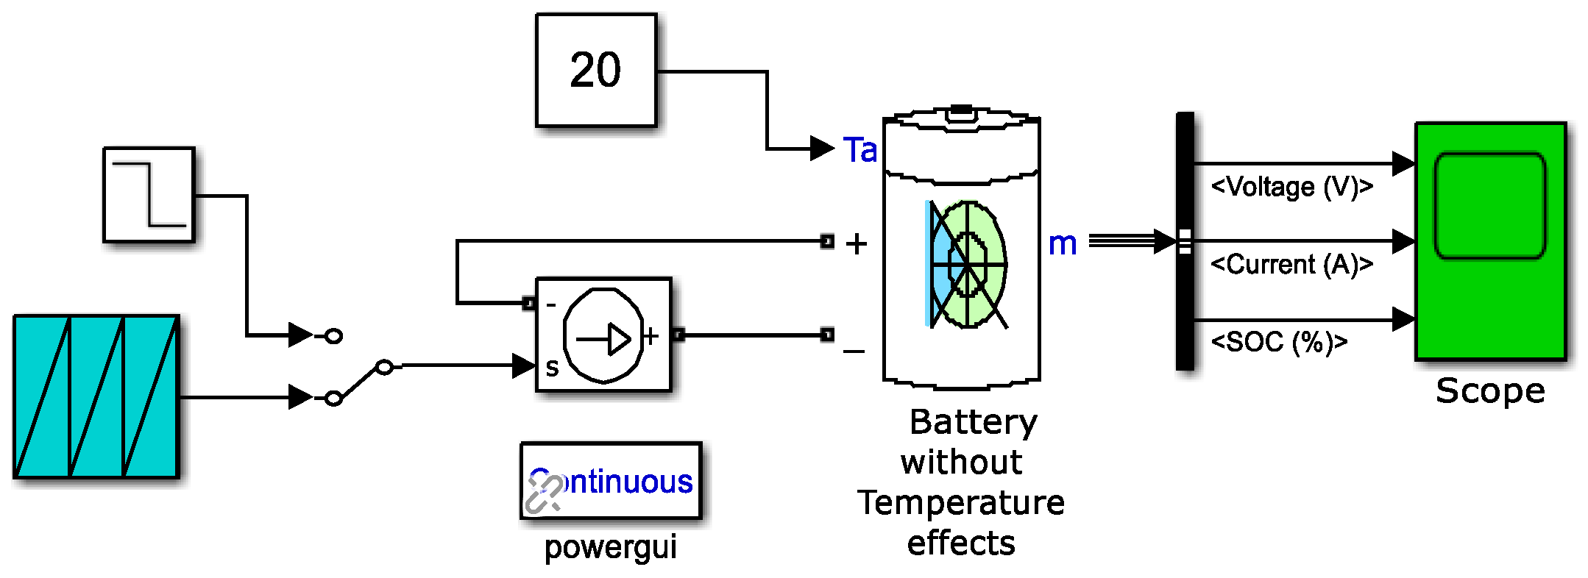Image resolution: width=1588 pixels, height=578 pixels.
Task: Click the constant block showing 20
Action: point(595,71)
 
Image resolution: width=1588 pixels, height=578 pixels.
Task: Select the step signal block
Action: point(149,195)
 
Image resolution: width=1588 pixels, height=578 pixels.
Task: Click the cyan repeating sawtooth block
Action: point(96,397)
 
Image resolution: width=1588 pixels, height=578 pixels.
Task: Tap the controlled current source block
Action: point(603,335)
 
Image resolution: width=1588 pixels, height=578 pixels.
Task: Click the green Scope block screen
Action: point(1490,206)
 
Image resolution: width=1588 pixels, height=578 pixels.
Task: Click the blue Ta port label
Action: point(859,150)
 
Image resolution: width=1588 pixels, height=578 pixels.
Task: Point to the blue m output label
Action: point(1062,243)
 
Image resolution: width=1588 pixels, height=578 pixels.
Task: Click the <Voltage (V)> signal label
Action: point(1291,187)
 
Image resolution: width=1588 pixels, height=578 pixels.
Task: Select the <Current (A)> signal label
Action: point(1291,264)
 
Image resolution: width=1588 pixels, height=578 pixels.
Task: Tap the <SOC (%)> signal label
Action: point(1279,342)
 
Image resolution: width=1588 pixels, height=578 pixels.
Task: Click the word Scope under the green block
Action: point(1490,390)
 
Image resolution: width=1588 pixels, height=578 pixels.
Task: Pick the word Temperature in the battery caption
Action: point(961,503)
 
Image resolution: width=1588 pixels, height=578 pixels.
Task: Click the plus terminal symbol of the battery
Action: point(856,244)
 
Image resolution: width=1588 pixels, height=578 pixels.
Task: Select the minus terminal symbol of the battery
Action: point(854,352)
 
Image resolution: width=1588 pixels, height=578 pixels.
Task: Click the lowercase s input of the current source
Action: point(552,367)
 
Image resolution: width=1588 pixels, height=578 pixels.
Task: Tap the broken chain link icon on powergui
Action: point(543,494)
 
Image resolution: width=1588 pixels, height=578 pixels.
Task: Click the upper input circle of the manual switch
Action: point(333,336)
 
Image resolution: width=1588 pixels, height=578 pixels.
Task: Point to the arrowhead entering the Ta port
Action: point(821,149)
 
